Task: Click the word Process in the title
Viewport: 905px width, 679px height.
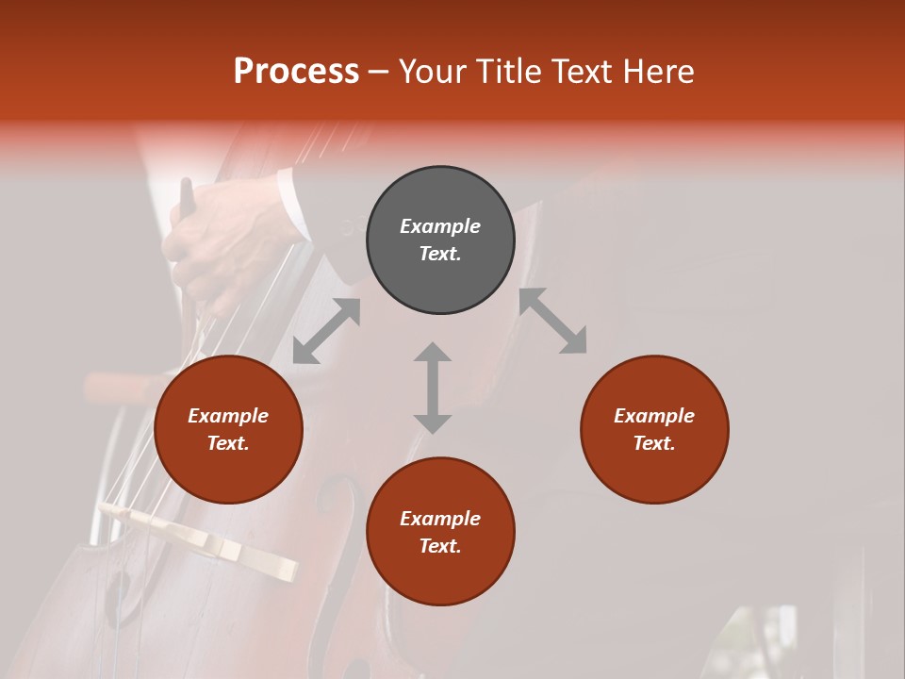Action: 296,72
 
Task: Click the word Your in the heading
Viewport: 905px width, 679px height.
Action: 433,72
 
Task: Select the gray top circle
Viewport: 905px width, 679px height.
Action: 440,198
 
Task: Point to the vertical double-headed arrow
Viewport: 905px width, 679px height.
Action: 433,388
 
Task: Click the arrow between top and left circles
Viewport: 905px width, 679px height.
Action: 327,331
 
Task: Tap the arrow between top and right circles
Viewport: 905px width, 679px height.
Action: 552,321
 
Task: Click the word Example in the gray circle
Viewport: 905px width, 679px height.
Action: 440,226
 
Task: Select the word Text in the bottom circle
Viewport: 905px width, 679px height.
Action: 440,546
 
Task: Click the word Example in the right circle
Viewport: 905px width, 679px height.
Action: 654,416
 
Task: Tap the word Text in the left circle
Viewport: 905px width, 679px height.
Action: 228,443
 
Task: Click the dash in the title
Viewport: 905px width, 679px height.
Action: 379,72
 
